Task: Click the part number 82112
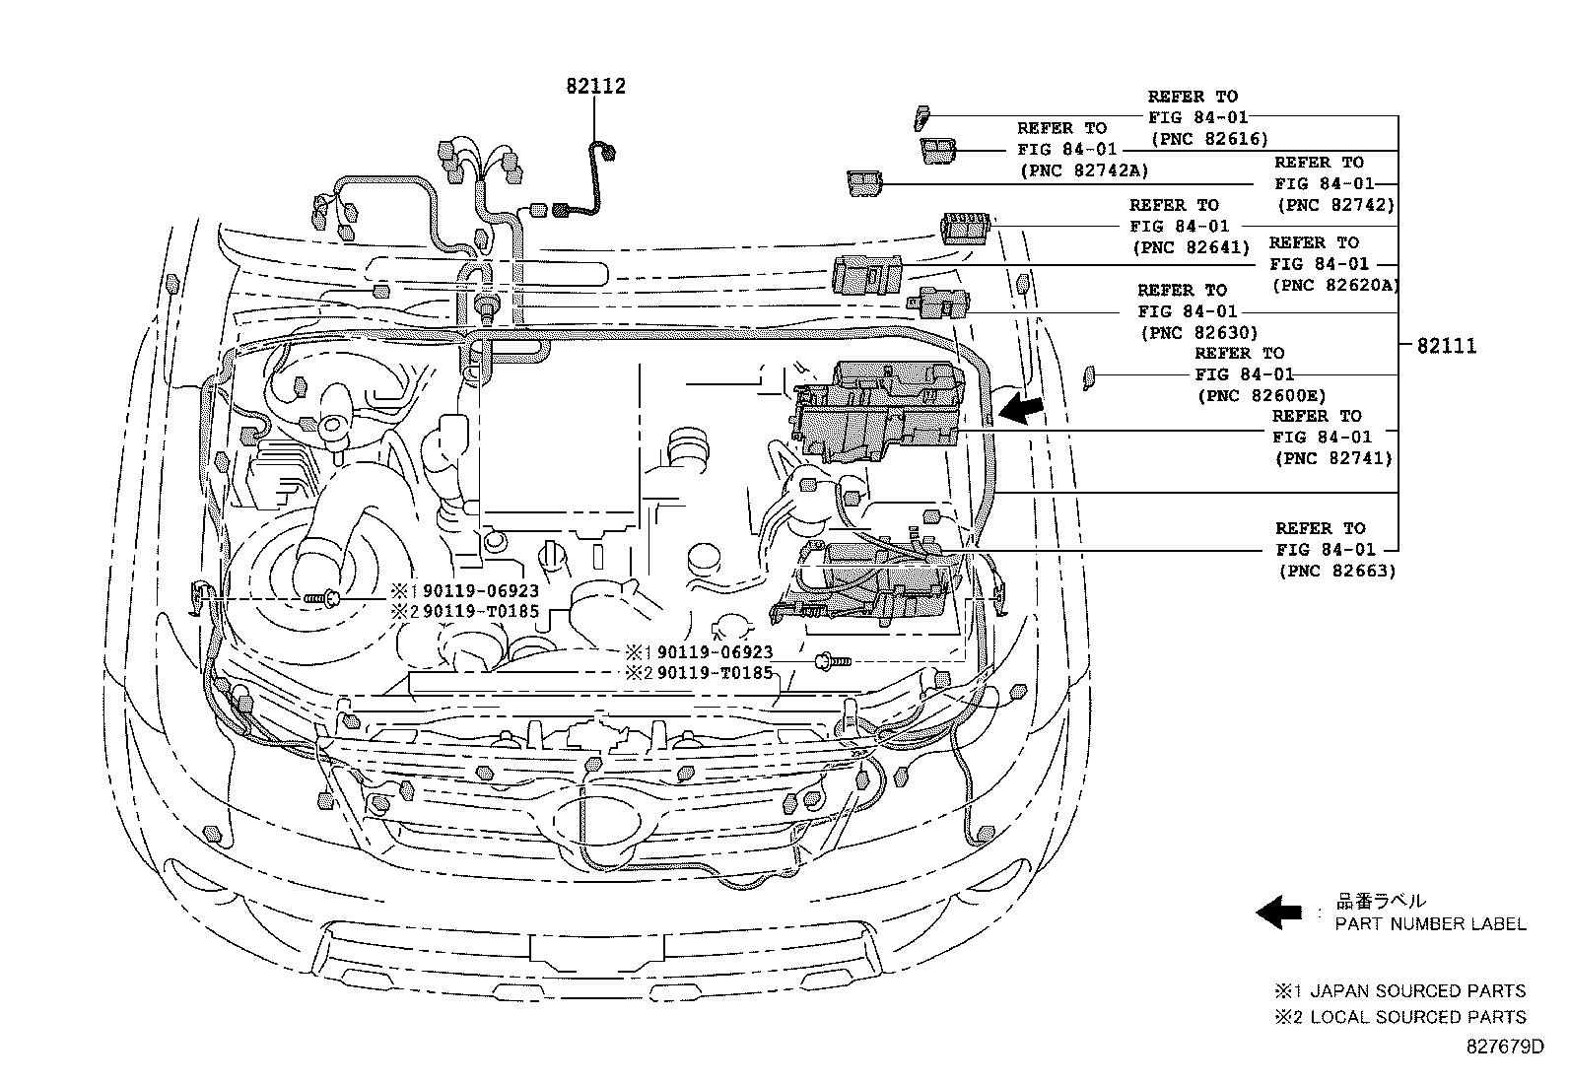pyautogui.click(x=595, y=87)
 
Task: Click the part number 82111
pyautogui.click(x=1446, y=346)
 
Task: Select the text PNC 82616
pyautogui.click(x=1208, y=139)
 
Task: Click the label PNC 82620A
pyautogui.click(x=1335, y=286)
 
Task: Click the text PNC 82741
pyautogui.click(x=1332, y=458)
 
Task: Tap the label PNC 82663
pyautogui.click(x=1336, y=571)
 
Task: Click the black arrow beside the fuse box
pyautogui.click(x=1021, y=407)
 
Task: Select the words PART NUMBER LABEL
pyautogui.click(x=1430, y=924)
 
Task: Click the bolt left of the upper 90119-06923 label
pyautogui.click(x=322, y=597)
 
